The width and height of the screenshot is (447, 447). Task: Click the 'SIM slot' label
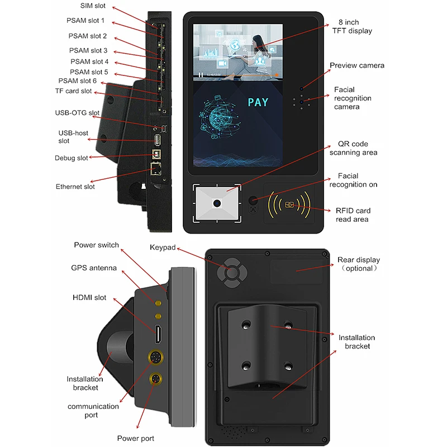pyautogui.click(x=93, y=6)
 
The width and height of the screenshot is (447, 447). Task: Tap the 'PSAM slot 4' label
pyautogui.click(x=89, y=61)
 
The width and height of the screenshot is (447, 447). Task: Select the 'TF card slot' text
pyautogui.click(x=73, y=91)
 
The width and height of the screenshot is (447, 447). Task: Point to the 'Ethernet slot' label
pyautogui.click(x=75, y=187)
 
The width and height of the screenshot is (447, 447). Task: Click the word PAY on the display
pyautogui.click(x=258, y=102)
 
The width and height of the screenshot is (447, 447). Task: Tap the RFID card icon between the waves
pyautogui.click(x=290, y=205)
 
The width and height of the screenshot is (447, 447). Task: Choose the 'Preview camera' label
pyautogui.click(x=356, y=65)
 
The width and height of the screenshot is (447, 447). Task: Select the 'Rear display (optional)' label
pyautogui.click(x=358, y=264)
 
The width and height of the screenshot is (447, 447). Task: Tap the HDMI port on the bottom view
pyautogui.click(x=159, y=334)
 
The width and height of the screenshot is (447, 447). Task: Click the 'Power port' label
pyautogui.click(x=135, y=438)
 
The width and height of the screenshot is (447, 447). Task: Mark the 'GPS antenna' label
pyautogui.click(x=94, y=268)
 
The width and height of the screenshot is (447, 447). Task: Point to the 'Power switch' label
pyautogui.click(x=96, y=245)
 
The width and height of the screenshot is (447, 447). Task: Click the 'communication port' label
pyautogui.click(x=93, y=410)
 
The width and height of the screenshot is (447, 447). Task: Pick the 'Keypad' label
pyautogui.click(x=163, y=248)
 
